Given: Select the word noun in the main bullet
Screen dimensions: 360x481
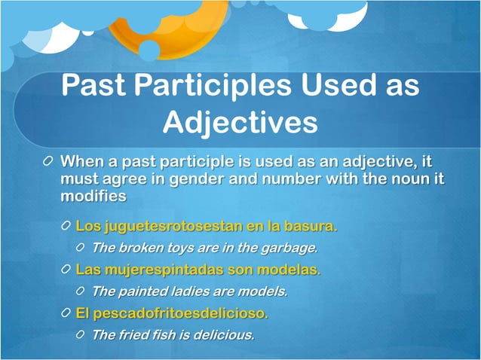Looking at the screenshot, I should tap(408, 178).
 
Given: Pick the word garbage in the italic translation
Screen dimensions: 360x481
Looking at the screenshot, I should tap(289, 247).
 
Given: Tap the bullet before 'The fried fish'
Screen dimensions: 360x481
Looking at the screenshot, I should tap(81, 334).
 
